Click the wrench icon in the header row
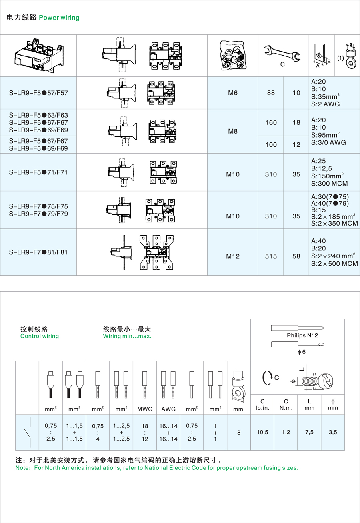282,54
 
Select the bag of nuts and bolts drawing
232,55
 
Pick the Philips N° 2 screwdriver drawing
298,328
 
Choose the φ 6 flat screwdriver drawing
298,344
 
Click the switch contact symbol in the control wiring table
28,432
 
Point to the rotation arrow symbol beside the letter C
266,377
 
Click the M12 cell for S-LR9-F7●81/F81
233,256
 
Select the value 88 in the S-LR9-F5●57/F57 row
271,93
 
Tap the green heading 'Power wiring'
59,18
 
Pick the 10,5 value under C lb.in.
262,432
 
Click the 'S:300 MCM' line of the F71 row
330,184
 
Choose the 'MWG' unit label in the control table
145,409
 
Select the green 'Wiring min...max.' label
127,336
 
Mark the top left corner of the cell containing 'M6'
207,76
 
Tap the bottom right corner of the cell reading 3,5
344,450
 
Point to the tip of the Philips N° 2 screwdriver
324,328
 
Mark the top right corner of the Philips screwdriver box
344,319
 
